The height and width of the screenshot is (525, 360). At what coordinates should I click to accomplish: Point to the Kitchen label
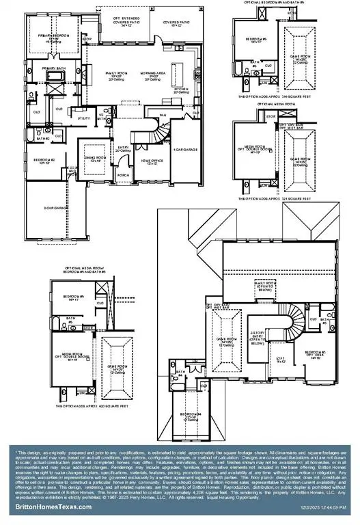click(181, 90)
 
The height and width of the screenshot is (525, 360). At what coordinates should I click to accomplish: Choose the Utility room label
click(85, 118)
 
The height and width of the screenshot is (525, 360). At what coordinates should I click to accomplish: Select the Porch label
click(124, 174)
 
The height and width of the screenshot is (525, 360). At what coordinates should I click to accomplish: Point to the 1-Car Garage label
click(186, 148)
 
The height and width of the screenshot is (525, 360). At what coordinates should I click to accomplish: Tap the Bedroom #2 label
click(44, 161)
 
